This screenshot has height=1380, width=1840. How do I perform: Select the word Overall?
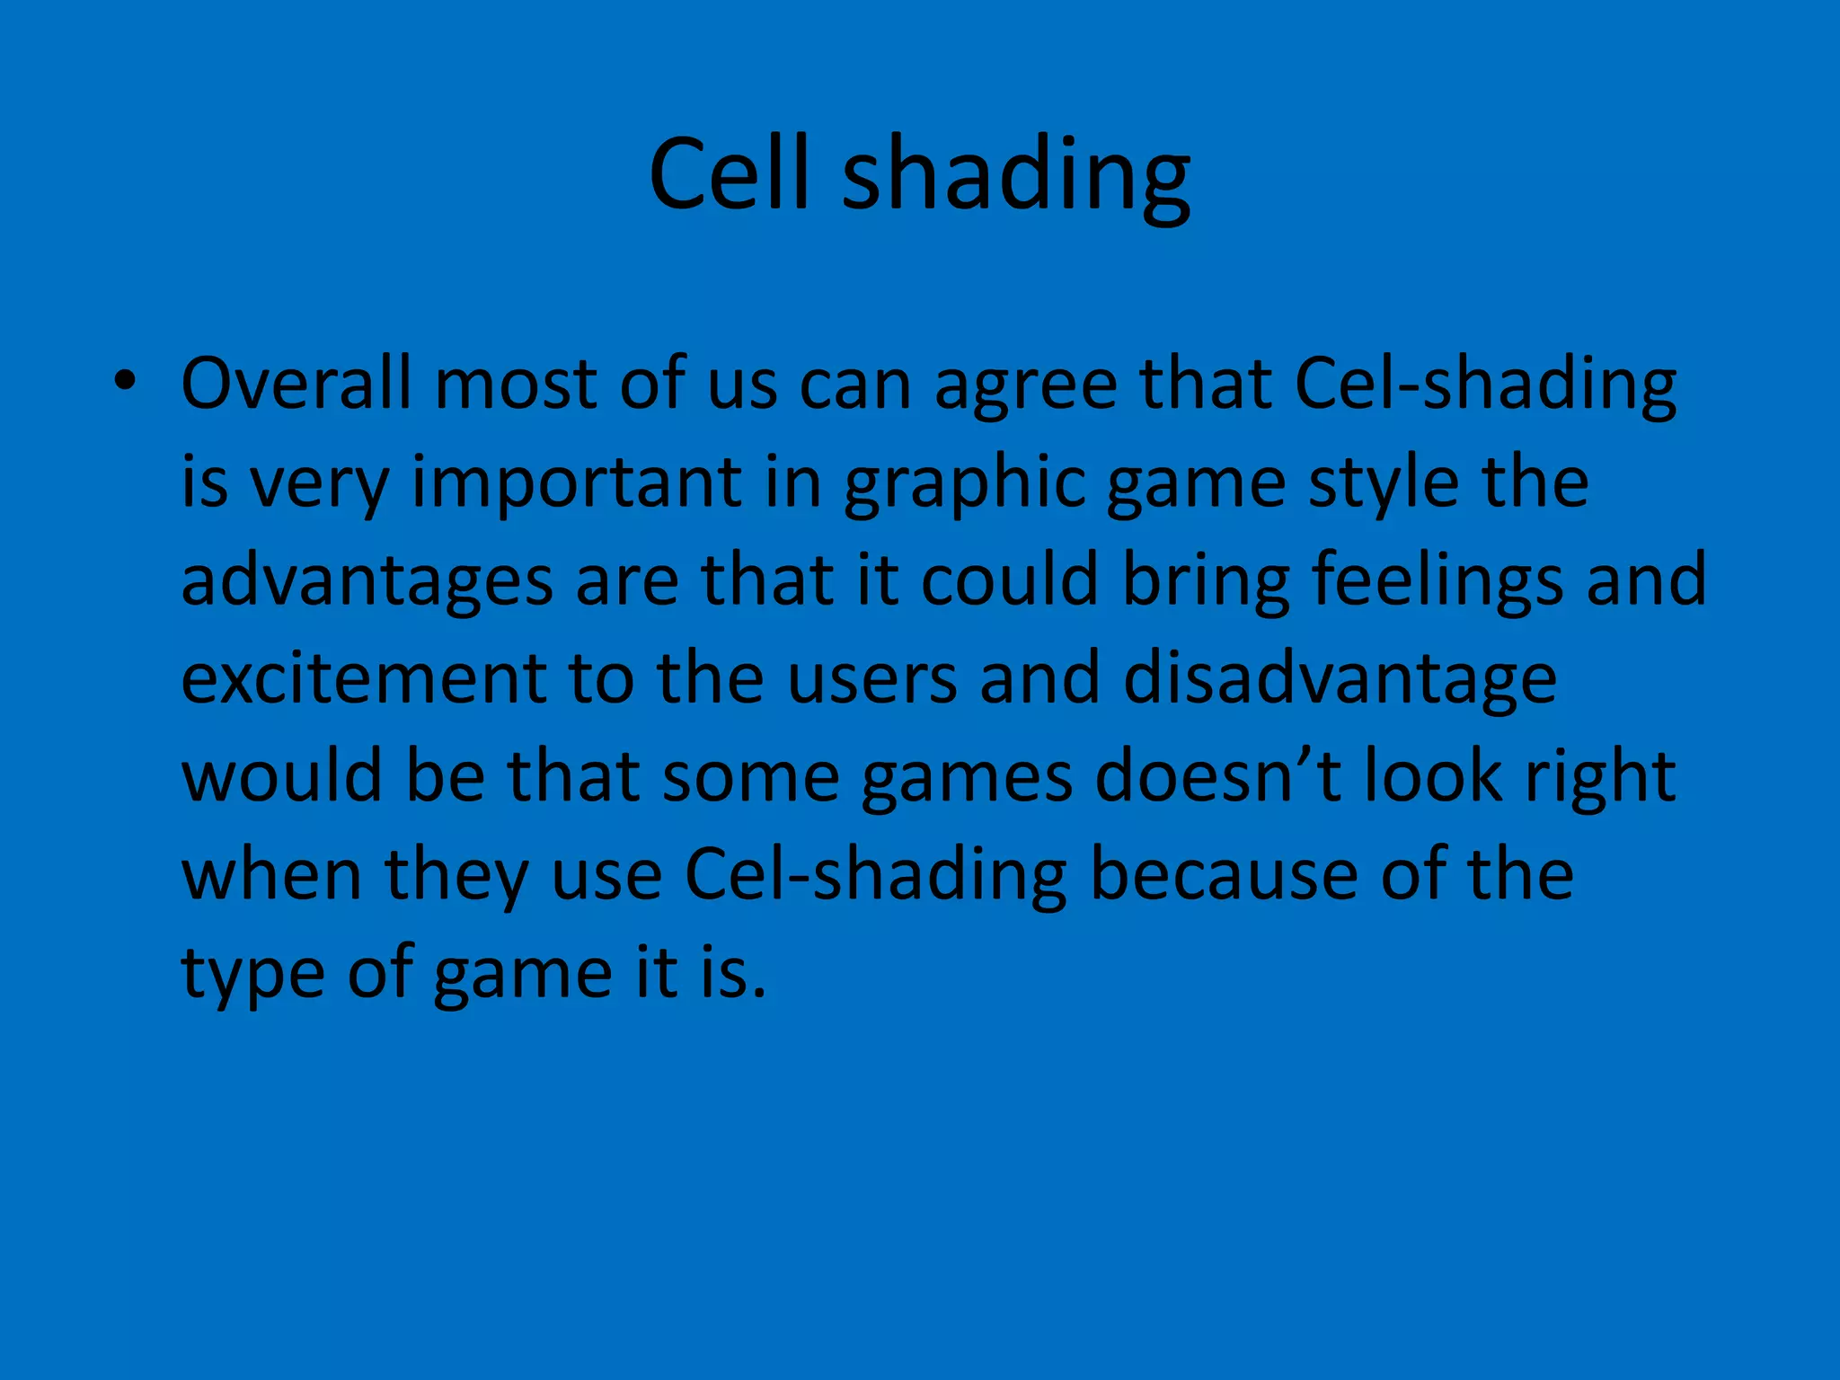point(296,384)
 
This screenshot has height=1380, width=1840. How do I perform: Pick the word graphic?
point(963,484)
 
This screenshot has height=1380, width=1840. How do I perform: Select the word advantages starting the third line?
point(367,582)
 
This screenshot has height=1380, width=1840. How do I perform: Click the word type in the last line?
point(252,974)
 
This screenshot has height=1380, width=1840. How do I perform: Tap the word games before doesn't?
point(966,778)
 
